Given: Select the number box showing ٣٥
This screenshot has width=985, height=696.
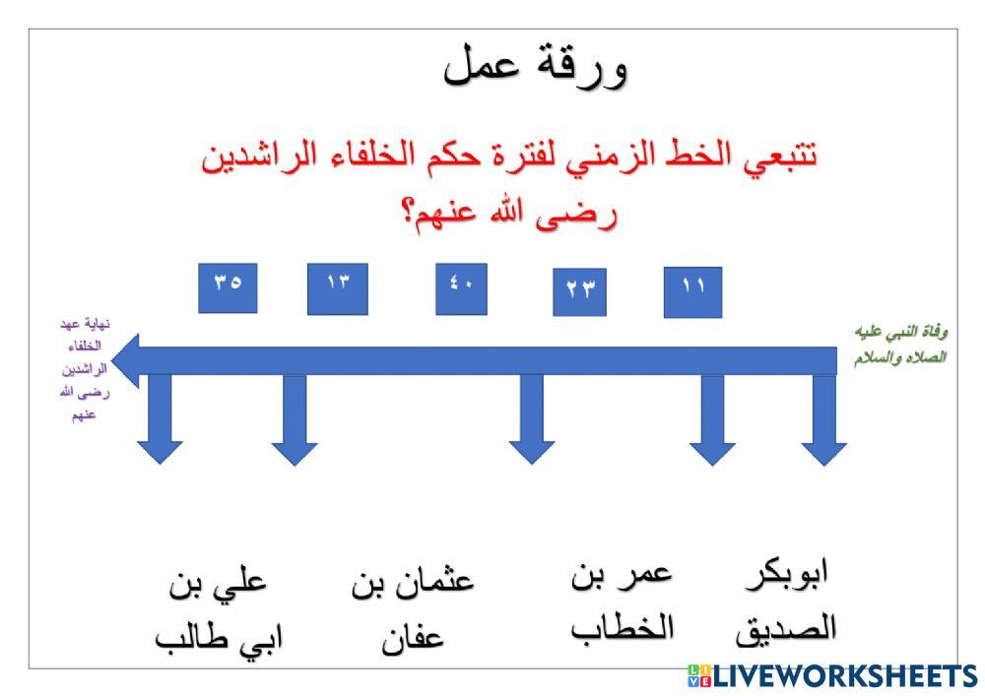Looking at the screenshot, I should click(228, 287).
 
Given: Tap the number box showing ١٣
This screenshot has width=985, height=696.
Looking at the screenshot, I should click(337, 289).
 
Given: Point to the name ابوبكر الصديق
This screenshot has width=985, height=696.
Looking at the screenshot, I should click(785, 600).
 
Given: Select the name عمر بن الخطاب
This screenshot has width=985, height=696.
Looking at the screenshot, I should click(622, 600).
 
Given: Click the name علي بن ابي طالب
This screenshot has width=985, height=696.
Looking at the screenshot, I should click(218, 609).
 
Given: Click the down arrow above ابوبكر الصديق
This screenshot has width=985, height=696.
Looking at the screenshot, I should click(823, 423).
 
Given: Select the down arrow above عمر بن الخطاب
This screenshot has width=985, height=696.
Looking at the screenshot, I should click(712, 423).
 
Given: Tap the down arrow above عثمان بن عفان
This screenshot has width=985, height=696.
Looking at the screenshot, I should click(532, 423).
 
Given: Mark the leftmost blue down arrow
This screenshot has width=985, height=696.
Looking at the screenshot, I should click(160, 423).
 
